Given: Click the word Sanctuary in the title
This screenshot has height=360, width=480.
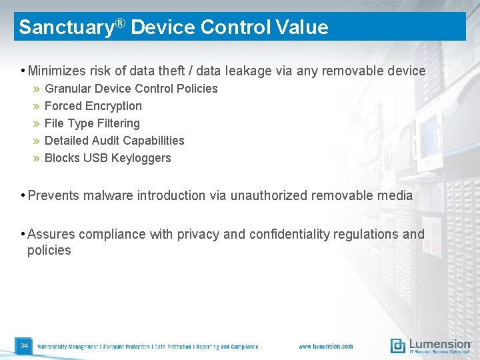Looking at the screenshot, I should [66, 27].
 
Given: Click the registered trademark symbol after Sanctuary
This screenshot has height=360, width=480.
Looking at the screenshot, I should [121, 24].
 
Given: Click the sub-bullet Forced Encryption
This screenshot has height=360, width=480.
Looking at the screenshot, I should [93, 106].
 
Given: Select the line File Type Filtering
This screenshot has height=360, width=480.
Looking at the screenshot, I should [92, 123].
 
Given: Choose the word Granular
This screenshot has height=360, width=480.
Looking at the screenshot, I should [67, 89].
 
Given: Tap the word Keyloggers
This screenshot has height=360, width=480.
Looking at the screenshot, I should [141, 158].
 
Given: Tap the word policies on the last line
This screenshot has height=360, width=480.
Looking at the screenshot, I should [49, 251].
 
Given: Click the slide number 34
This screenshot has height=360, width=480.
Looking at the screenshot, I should [24, 346].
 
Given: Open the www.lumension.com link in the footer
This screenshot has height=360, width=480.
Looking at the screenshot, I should [325, 347].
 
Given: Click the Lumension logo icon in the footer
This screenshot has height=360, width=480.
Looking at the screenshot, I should [398, 345].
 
